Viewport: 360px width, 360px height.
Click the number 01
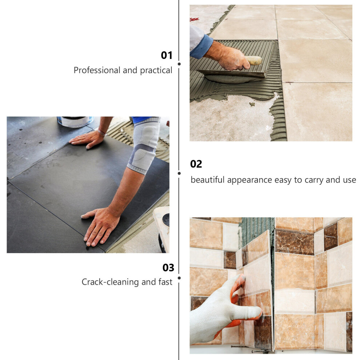pyautogui.click(x=167, y=55)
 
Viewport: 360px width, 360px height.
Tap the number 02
pyautogui.click(x=196, y=164)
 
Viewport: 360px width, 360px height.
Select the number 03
pyautogui.click(x=168, y=268)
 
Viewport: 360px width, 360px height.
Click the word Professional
pyautogui.click(x=97, y=70)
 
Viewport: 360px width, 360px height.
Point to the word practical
pyautogui.click(x=156, y=70)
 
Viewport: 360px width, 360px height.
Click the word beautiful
pyautogui.click(x=207, y=180)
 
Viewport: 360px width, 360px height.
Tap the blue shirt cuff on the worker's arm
pyautogui.click(x=202, y=47)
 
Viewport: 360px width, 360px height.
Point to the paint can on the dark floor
pyautogui.click(x=75, y=122)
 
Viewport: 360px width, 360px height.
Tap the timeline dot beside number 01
pyautogui.click(x=179, y=64)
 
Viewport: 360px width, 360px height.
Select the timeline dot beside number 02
pyautogui.click(x=179, y=173)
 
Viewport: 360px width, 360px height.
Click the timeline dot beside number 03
pyautogui.click(x=179, y=278)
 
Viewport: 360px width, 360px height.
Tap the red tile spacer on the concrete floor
pyautogui.click(x=194, y=19)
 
